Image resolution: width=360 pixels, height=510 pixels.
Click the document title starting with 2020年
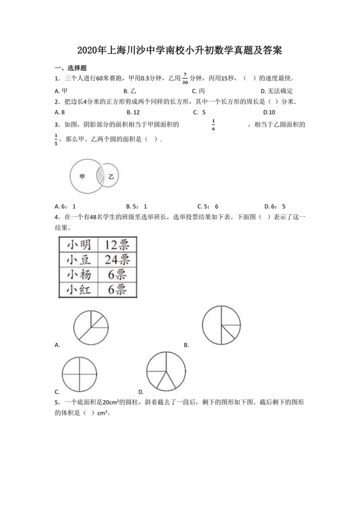click(180, 50)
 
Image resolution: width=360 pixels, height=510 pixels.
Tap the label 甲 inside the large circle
click(82, 176)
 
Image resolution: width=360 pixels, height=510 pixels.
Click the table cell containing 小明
click(78, 244)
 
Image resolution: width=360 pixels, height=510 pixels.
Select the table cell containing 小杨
click(78, 275)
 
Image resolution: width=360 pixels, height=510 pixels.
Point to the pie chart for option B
click(222, 323)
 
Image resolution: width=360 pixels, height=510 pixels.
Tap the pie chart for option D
click(166, 371)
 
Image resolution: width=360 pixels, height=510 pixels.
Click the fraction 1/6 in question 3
click(213, 125)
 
